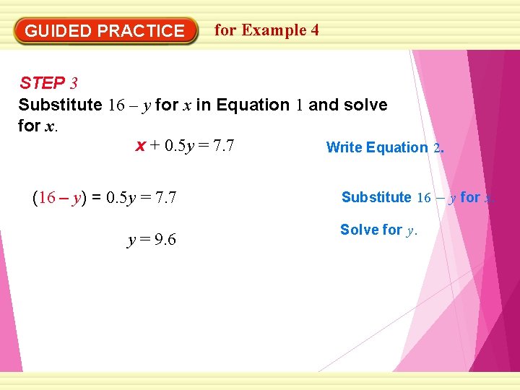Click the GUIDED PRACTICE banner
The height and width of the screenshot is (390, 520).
click(x=105, y=31)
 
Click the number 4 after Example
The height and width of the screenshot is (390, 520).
click(x=314, y=30)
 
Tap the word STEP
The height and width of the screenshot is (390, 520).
click(x=43, y=83)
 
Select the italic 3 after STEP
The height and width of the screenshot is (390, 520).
click(x=73, y=83)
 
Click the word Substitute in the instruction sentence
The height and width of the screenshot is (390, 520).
click(x=60, y=105)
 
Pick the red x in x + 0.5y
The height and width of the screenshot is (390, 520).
click(x=140, y=147)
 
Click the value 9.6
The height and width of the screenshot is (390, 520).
click(x=162, y=240)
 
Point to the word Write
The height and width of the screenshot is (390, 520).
click(x=344, y=147)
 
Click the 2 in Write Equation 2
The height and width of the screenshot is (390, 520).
click(x=437, y=147)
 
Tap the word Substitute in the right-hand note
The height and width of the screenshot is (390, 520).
click(x=376, y=197)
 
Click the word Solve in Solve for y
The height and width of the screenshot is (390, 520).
click(x=359, y=230)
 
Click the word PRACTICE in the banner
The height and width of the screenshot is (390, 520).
click(x=141, y=31)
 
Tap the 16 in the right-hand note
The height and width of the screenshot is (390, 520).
click(x=424, y=197)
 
